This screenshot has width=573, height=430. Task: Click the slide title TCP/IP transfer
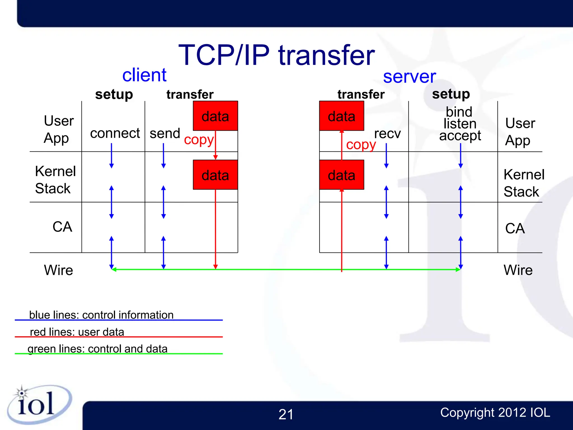(x=276, y=55)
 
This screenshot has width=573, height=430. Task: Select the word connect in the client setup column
(x=115, y=133)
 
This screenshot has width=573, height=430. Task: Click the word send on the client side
(x=165, y=134)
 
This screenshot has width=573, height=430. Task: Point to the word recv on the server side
(x=387, y=134)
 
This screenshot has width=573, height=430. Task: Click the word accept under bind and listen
(x=460, y=136)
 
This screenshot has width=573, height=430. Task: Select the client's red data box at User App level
(x=215, y=116)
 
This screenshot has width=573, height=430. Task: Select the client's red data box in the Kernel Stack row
(x=215, y=175)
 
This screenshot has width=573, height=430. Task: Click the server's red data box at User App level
(x=342, y=116)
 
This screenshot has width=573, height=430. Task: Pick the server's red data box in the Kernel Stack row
(x=342, y=175)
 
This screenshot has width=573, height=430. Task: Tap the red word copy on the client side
(x=199, y=139)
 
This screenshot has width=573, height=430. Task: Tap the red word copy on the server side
(x=361, y=145)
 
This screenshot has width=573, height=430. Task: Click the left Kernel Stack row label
(x=55, y=180)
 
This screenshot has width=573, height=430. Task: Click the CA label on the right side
(x=515, y=228)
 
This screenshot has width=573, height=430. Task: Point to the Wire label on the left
(x=58, y=270)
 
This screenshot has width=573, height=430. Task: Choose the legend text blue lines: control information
(x=101, y=315)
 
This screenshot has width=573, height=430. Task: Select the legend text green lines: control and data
(x=97, y=349)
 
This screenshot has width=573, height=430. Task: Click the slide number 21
(x=286, y=414)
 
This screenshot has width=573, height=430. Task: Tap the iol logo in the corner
(x=38, y=405)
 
